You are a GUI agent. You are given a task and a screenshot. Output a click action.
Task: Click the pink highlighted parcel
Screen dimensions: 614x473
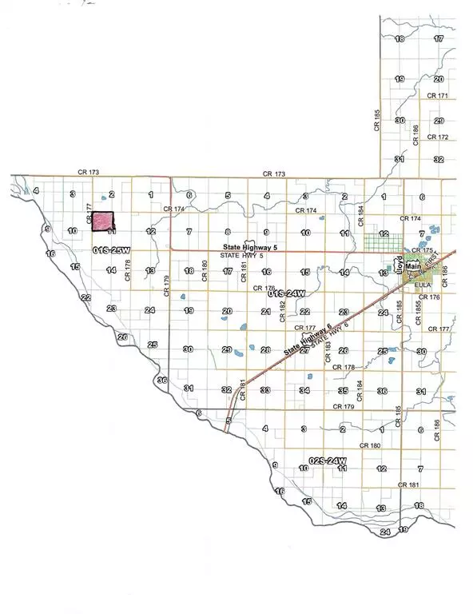[103, 221]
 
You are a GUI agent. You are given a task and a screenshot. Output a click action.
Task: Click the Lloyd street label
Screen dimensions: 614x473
[397, 265]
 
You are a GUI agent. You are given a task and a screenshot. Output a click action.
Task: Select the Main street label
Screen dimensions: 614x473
[412, 265]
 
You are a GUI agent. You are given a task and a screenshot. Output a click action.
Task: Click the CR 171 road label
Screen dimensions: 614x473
[438, 95]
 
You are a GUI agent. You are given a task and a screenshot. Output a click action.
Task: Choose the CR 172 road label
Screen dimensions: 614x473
[437, 137]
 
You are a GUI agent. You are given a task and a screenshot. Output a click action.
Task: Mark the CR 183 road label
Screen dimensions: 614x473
[328, 352]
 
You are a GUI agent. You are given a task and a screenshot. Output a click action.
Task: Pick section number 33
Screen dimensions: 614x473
[265, 391]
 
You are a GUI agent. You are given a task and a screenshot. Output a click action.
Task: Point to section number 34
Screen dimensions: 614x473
[304, 391]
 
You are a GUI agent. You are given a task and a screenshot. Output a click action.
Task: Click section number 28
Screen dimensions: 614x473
[264, 350]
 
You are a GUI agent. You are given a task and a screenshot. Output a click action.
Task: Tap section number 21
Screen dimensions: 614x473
[265, 311]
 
